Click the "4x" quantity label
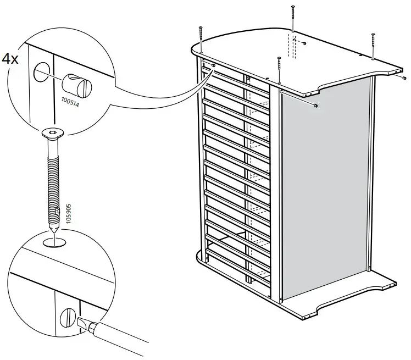coord(10,59)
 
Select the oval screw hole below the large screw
coord(53,242)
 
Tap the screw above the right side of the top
coord(373,45)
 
